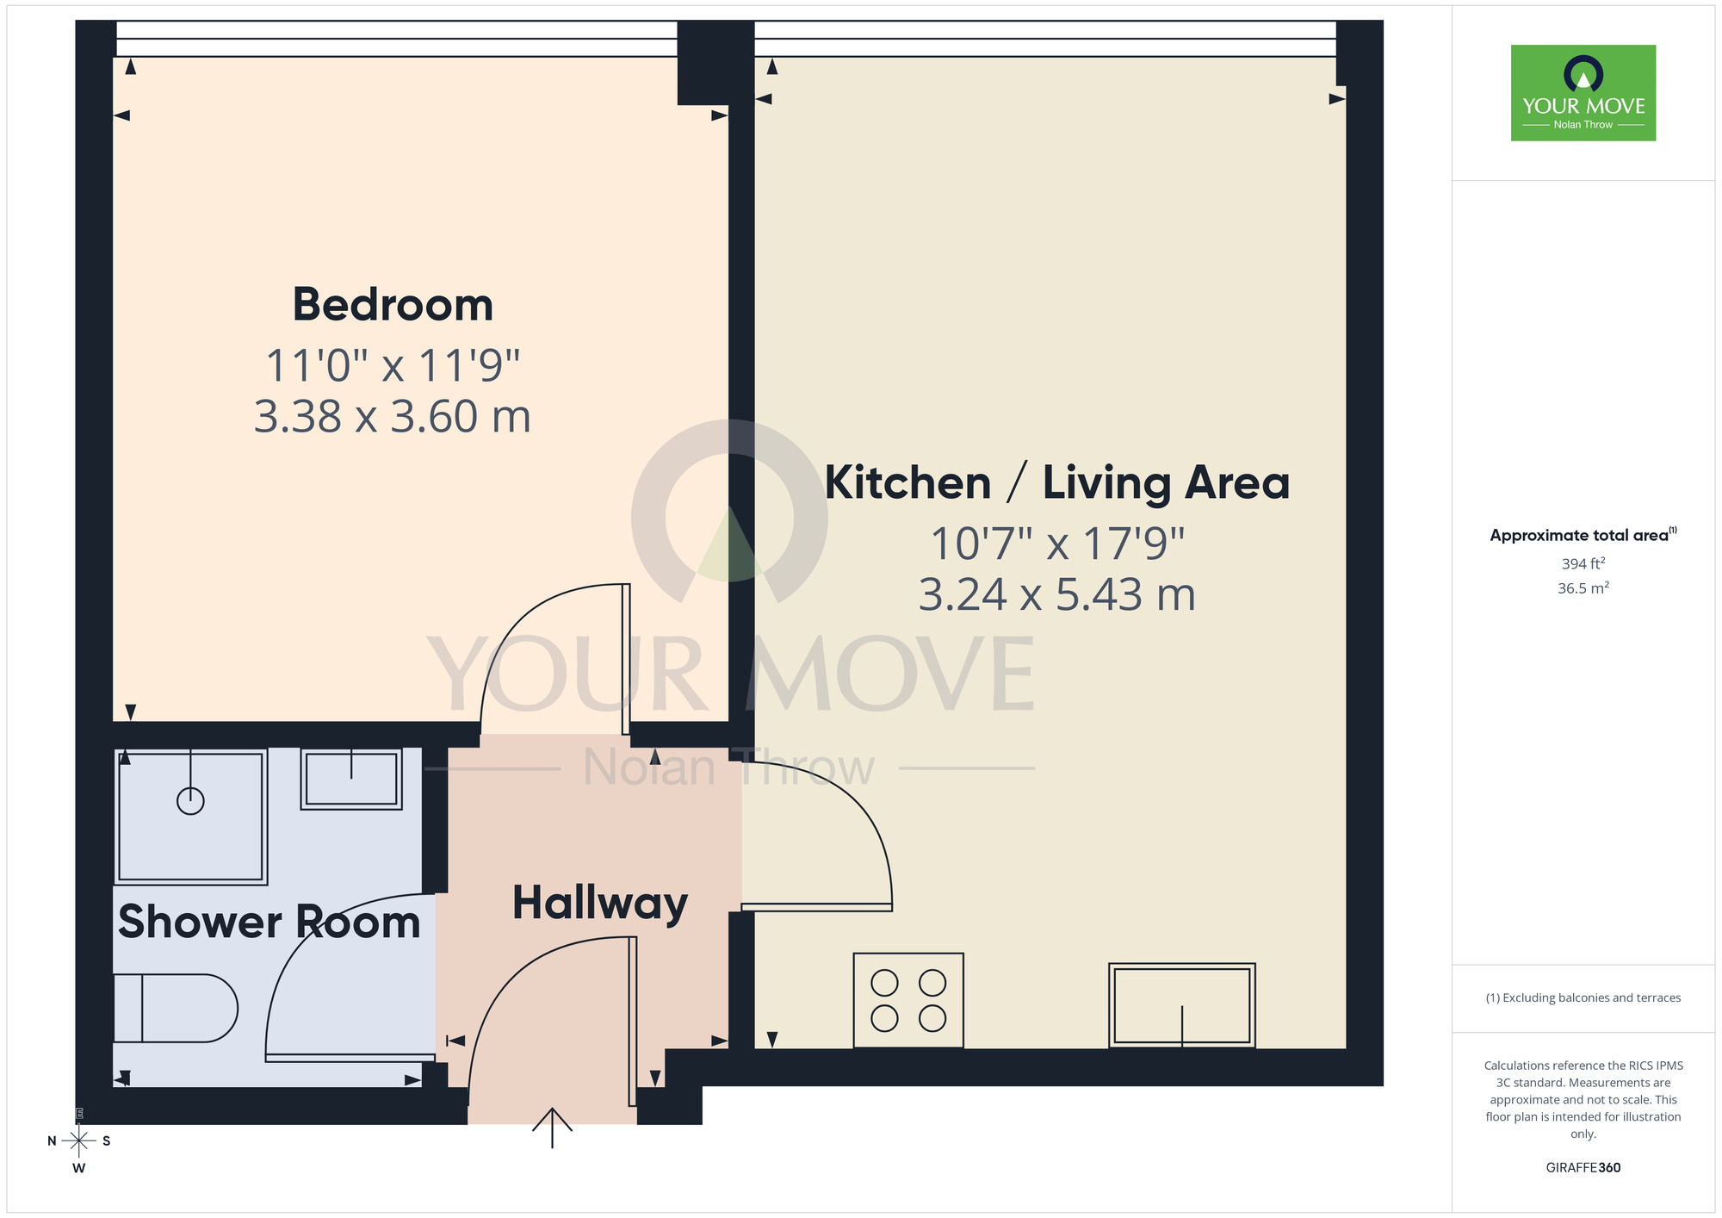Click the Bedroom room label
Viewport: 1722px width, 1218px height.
click(x=393, y=305)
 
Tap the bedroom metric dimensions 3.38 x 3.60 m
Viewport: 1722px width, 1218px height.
click(x=393, y=417)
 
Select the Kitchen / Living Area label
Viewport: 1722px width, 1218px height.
click(x=1056, y=482)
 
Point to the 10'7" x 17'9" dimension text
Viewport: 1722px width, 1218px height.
click(x=1056, y=544)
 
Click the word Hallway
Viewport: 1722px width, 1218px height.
click(x=599, y=903)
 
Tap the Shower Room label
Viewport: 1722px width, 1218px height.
click(x=269, y=922)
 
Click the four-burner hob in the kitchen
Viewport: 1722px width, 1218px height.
click(x=908, y=1000)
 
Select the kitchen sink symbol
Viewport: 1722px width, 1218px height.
click(x=1181, y=1005)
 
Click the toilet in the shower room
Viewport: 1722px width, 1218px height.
click(x=177, y=1008)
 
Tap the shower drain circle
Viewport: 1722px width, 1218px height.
click(x=190, y=801)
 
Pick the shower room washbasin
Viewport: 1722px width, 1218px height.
click(x=351, y=779)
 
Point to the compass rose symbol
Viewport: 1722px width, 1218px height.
click(x=79, y=1141)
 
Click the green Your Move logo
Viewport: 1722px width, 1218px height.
click(x=1583, y=93)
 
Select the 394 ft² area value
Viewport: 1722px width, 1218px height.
click(x=1583, y=563)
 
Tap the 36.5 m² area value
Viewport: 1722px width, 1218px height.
click(x=1583, y=588)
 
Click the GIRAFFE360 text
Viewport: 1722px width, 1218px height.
click(x=1583, y=1168)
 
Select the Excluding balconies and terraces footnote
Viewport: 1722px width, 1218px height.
click(x=1583, y=997)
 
